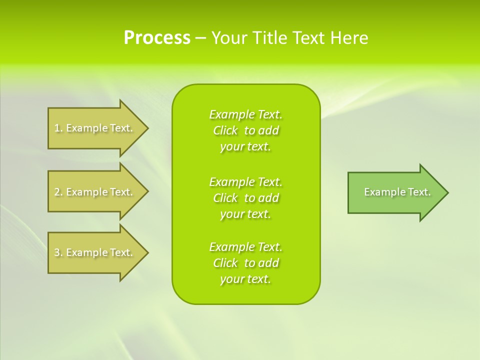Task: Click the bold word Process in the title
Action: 157,38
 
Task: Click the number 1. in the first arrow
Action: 58,128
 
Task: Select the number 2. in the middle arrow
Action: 58,192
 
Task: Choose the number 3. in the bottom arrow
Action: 58,252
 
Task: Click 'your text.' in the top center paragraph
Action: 245,147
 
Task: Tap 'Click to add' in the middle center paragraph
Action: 245,198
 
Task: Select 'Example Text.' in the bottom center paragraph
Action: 245,247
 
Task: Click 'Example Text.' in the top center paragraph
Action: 245,114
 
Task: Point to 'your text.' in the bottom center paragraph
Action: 245,279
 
